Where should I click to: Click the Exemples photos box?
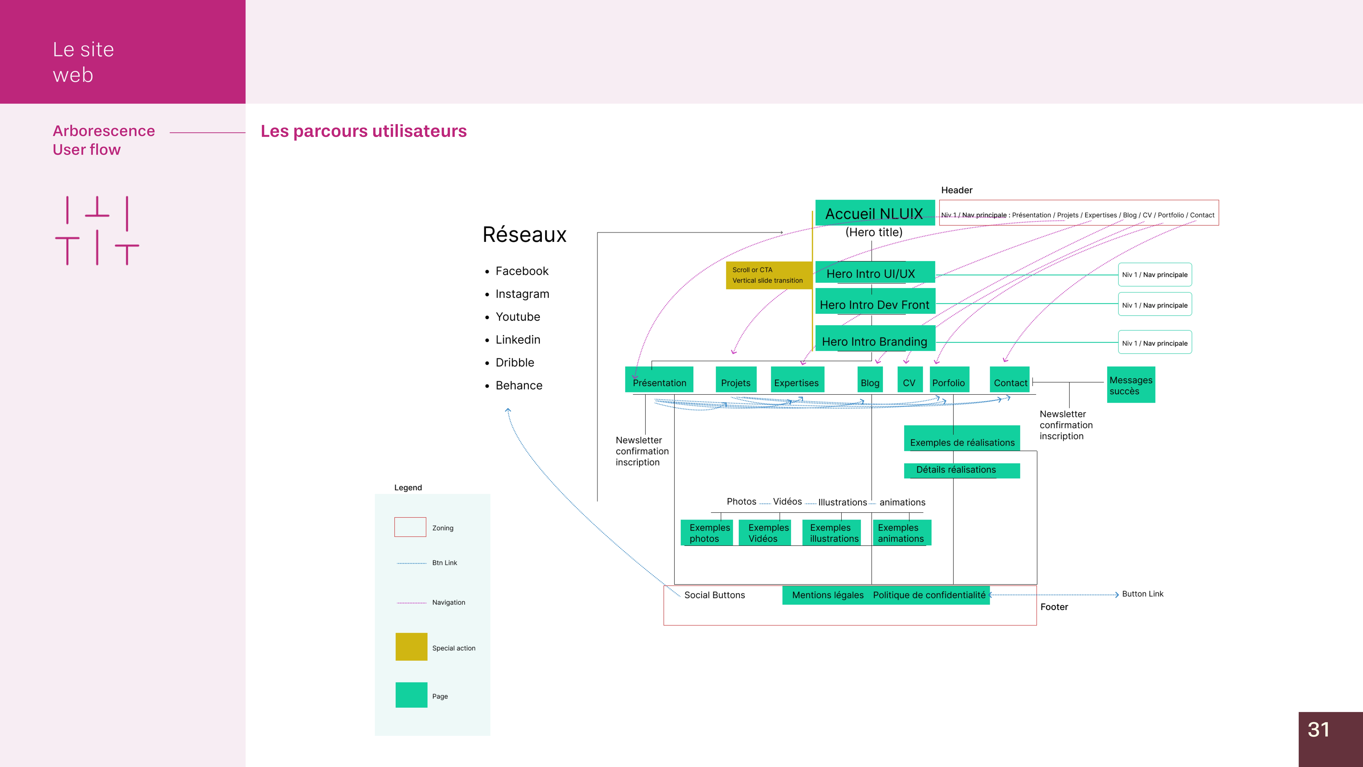click(x=707, y=532)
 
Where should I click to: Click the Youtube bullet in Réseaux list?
click(x=517, y=317)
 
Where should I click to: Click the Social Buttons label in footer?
click(x=714, y=595)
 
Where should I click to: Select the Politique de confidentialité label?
click(x=929, y=595)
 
